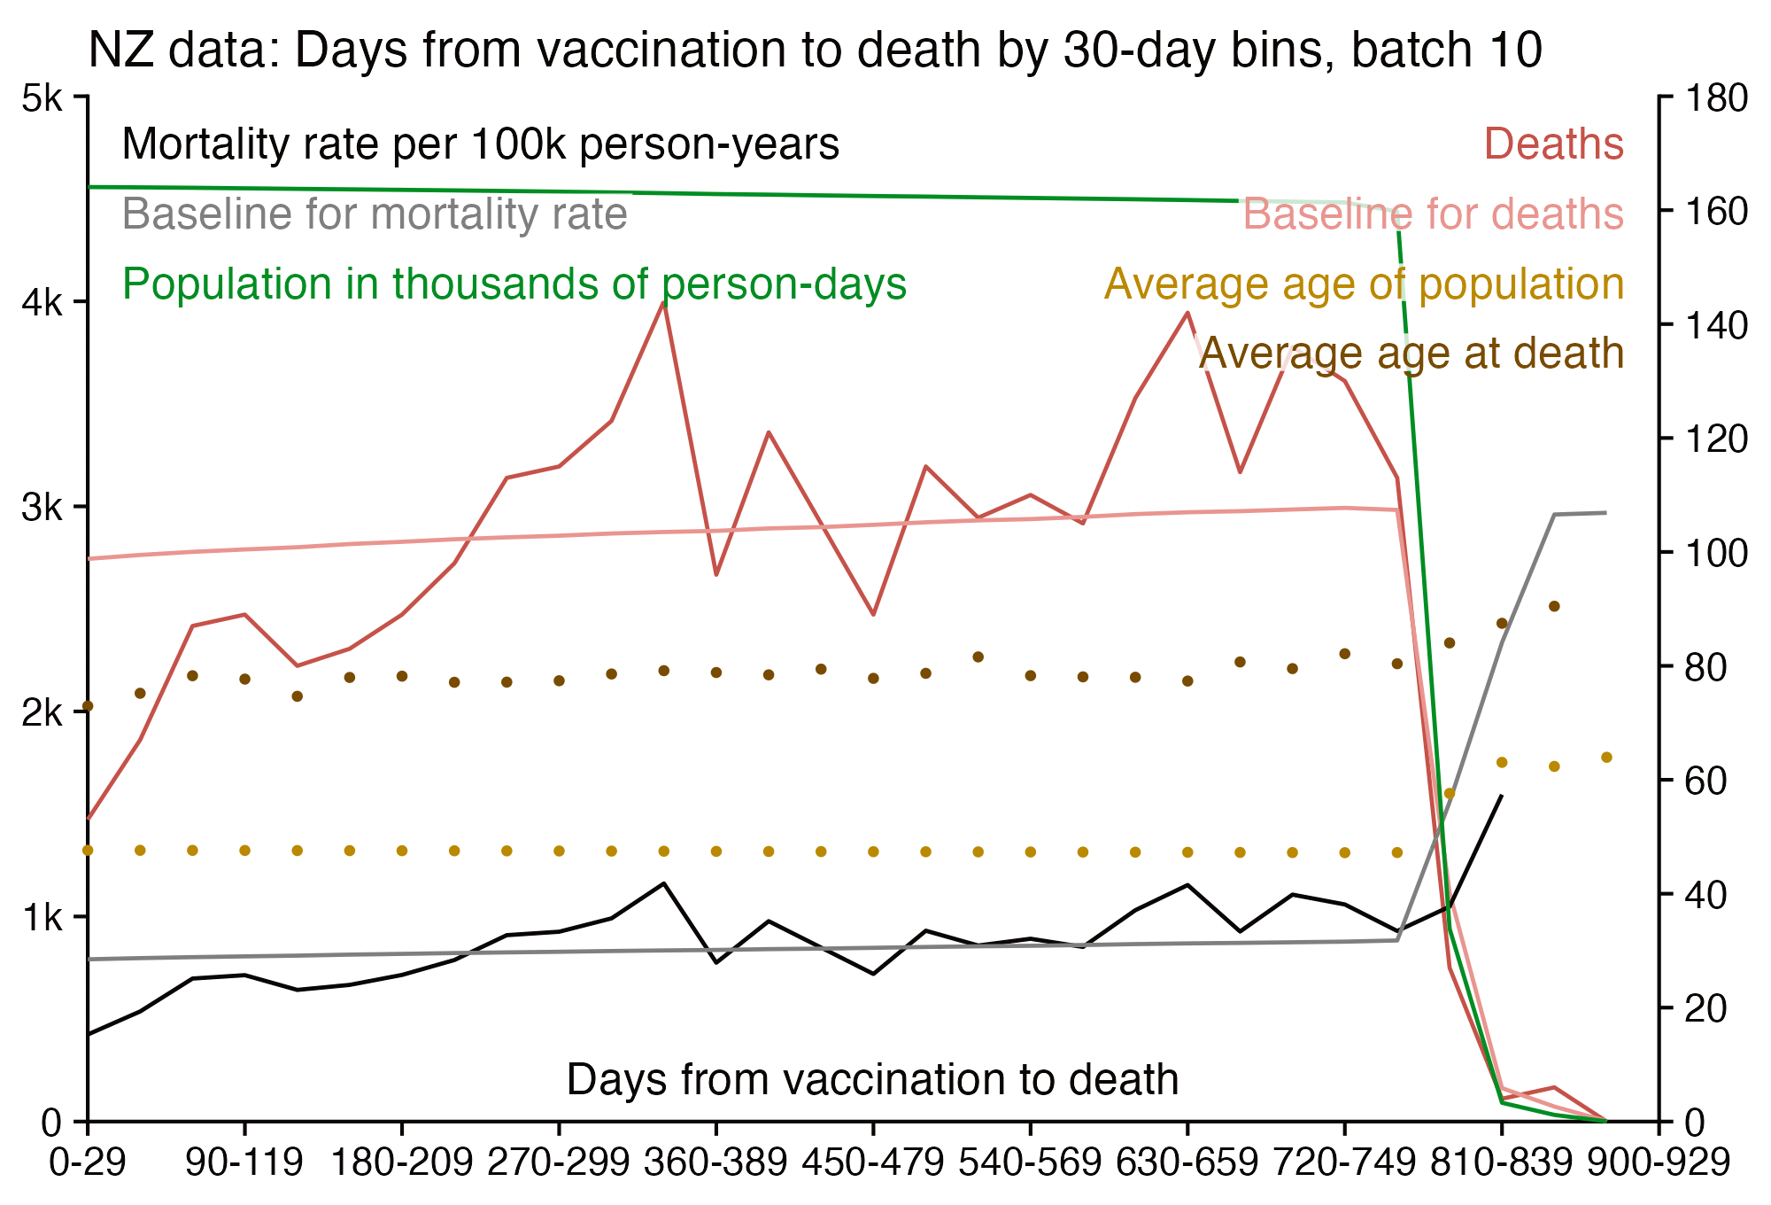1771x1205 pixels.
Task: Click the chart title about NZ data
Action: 815,51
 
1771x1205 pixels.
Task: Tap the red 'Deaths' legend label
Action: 1553,144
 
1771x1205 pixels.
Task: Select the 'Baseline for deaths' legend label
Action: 1433,214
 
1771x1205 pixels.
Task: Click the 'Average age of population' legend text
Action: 1364,284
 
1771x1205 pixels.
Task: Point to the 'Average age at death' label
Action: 1411,354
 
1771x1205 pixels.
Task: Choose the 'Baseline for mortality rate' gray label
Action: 375,214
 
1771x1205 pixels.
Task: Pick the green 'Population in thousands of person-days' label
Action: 514,284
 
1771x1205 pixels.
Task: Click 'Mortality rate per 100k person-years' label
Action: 480,144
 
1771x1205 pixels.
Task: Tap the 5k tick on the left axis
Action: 43,97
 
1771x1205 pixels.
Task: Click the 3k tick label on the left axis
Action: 43,508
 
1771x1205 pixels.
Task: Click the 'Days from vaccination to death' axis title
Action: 872,1080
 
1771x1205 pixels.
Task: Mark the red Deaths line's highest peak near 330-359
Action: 663,302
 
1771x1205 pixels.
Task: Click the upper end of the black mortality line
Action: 1502,796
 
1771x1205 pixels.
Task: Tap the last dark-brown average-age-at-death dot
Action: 1554,606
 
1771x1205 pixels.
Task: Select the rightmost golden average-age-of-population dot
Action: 1606,758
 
